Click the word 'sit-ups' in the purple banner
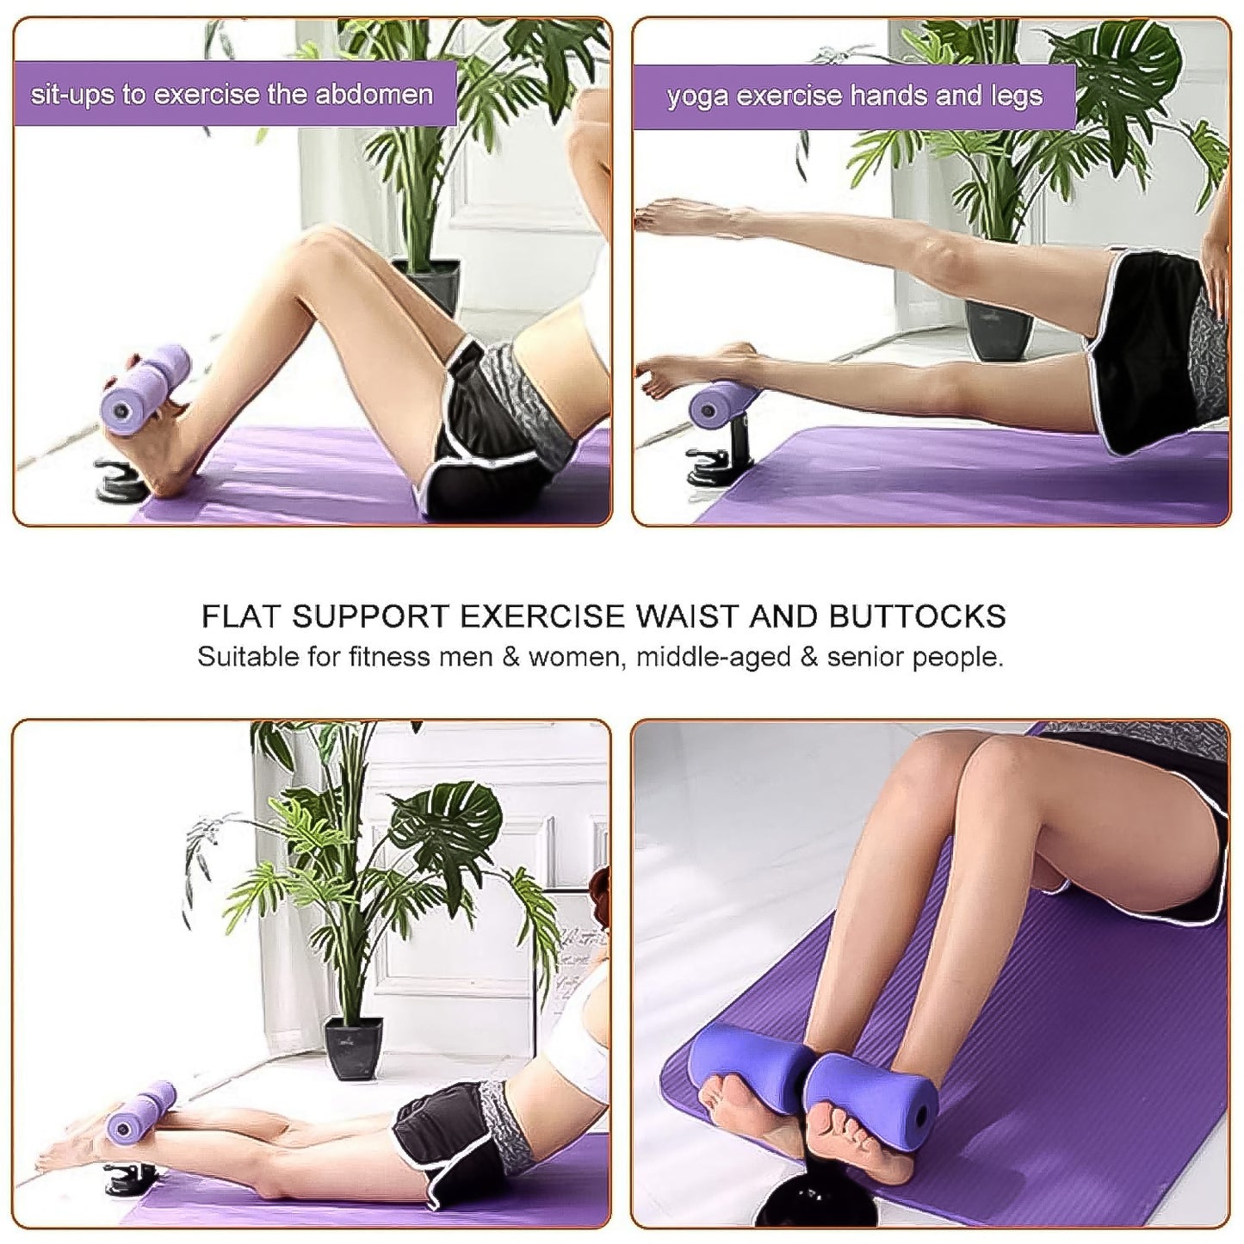click(71, 95)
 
